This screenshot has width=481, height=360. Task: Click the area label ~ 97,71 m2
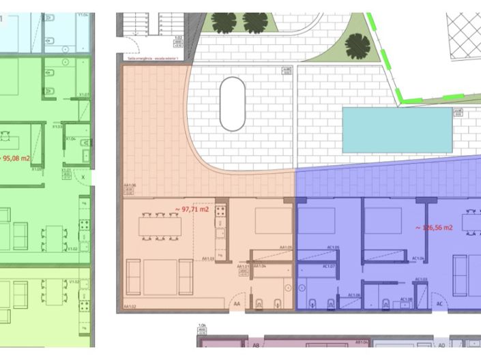[x=192, y=209]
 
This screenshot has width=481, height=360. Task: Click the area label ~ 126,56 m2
[x=435, y=228]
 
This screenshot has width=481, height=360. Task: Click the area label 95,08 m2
[x=16, y=158]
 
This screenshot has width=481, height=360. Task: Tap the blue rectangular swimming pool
[x=397, y=130]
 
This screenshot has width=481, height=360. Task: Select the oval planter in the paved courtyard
[x=233, y=104]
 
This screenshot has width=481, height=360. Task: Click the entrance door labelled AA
[x=237, y=304]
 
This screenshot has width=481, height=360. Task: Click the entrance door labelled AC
[x=439, y=304]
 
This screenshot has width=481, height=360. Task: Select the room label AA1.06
[x=130, y=185]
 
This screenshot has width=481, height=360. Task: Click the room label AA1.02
[x=130, y=307]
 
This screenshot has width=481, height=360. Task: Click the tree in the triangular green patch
[x=358, y=46]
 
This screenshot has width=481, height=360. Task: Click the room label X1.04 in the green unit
[x=70, y=138]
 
